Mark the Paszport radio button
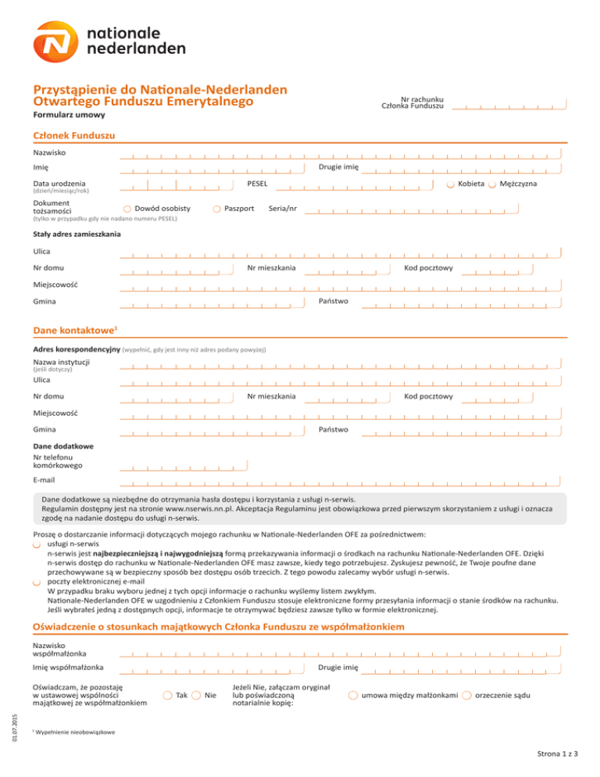pos(216,209)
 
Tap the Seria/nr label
pos(282,209)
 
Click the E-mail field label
pos(44,479)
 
